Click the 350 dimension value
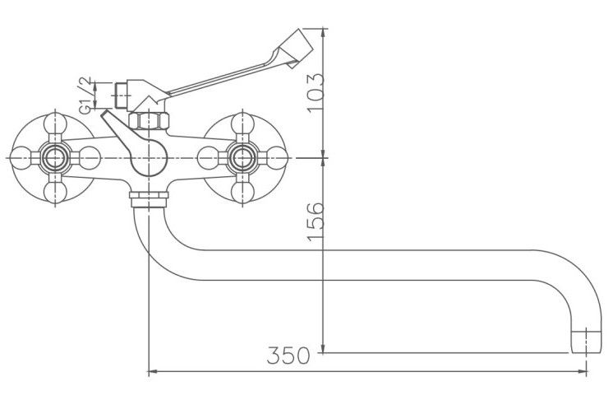288,356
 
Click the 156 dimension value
316,221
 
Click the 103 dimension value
316,93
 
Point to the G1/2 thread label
85,95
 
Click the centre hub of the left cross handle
55,158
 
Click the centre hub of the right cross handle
242,158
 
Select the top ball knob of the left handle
55,123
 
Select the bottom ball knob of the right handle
242,193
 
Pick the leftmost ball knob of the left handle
21,158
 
